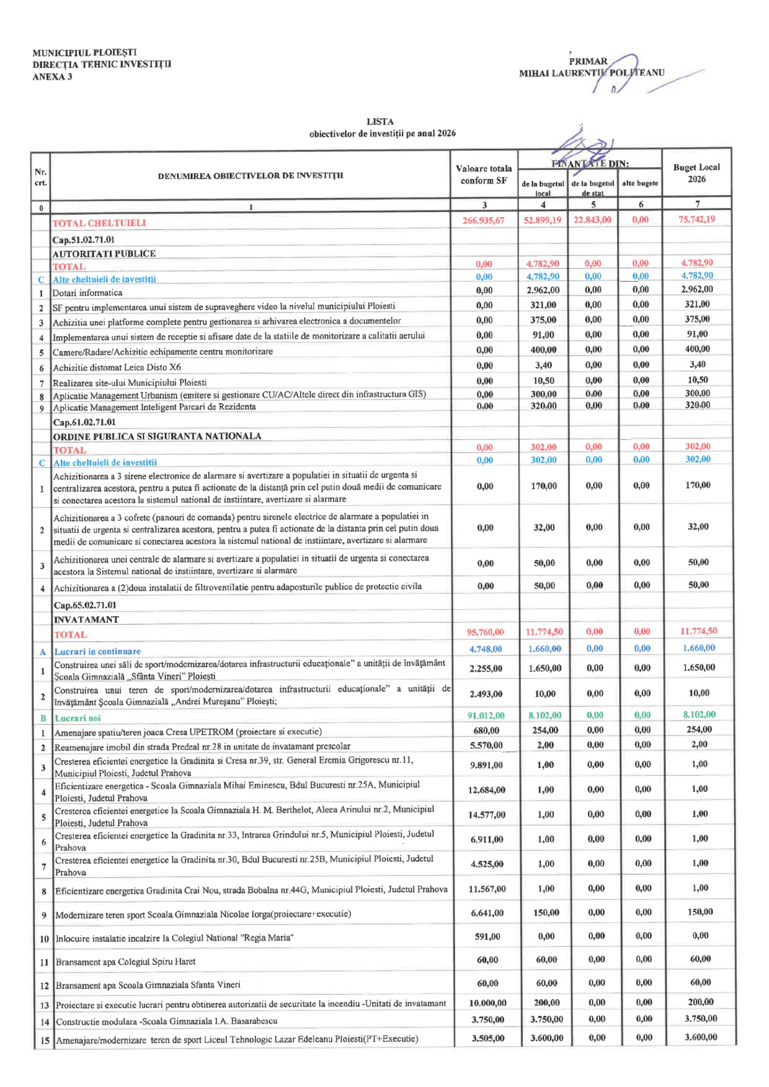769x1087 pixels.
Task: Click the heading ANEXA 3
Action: point(52,77)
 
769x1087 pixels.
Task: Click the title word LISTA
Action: point(380,121)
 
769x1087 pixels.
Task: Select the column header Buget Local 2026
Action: point(696,173)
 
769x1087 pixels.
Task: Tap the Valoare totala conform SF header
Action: point(484,175)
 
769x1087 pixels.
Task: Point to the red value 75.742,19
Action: point(696,219)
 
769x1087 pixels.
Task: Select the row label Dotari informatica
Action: point(87,293)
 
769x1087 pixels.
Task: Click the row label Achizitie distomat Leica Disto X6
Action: point(117,368)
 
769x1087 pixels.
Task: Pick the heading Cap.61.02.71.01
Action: point(84,422)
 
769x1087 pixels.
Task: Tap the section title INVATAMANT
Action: point(86,619)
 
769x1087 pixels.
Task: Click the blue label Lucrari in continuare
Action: point(98,651)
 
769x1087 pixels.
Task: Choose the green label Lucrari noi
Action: point(78,718)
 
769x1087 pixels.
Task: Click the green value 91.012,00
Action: point(486,715)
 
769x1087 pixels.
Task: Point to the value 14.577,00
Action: point(486,815)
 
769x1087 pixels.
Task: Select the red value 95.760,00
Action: point(485,632)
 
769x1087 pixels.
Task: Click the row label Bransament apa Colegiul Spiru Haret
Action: point(126,961)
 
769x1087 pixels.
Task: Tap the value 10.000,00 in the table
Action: point(487,1003)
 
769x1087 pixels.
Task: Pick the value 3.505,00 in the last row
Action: point(487,1038)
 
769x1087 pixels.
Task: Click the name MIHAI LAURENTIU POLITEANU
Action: point(592,73)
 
